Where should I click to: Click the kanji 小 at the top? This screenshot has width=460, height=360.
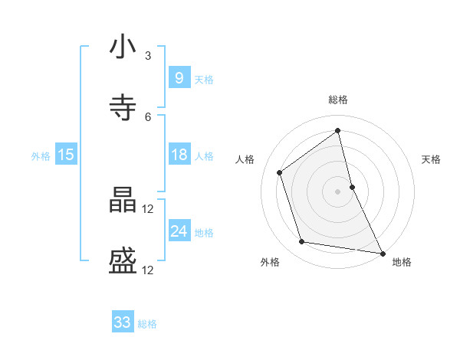click(123, 47)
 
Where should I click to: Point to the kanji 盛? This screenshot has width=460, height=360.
click(123, 262)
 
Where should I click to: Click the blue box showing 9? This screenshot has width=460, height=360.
click(179, 78)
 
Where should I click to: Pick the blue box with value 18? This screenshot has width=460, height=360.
click(179, 155)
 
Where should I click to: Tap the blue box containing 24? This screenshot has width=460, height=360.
click(179, 231)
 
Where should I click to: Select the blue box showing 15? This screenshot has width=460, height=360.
click(66, 155)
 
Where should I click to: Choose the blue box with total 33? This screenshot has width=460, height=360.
click(123, 322)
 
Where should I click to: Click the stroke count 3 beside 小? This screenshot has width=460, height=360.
click(148, 55)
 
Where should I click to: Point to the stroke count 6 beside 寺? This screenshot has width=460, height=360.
click(148, 116)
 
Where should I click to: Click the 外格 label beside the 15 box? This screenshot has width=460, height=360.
click(41, 156)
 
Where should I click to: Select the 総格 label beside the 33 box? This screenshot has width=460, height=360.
click(147, 324)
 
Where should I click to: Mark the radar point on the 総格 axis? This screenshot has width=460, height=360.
click(337, 131)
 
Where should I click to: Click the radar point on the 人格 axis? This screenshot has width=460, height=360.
click(280, 172)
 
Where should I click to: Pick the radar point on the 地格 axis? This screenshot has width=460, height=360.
click(382, 253)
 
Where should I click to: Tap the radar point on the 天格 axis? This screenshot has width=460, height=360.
click(352, 186)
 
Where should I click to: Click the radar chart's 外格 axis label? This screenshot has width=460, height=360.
click(270, 262)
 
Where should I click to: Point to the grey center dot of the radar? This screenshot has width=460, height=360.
click(337, 191)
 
